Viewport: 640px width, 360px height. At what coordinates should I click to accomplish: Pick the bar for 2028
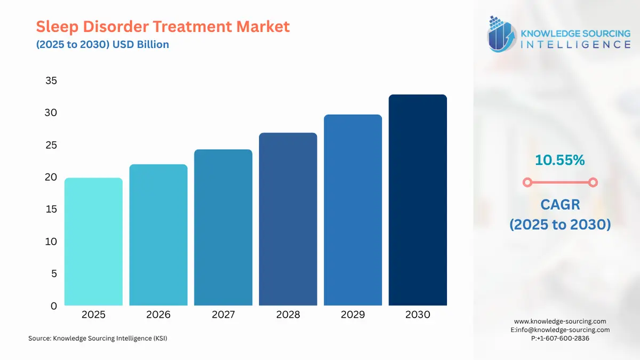click(x=288, y=219)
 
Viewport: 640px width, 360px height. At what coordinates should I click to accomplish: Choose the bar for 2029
click(x=353, y=210)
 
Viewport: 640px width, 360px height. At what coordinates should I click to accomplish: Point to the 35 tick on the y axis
click(x=51, y=81)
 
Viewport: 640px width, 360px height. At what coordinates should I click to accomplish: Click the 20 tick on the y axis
click(x=51, y=177)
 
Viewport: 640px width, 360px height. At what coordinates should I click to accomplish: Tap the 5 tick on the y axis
click(x=53, y=274)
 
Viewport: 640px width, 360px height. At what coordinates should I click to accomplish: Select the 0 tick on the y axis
click(x=53, y=306)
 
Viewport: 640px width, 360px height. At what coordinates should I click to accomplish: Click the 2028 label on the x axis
click(x=288, y=315)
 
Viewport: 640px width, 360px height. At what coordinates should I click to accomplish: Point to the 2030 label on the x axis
click(x=418, y=315)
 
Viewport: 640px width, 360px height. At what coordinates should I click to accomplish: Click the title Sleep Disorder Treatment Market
click(x=163, y=26)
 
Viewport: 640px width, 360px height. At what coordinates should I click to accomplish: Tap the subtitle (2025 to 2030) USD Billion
click(x=102, y=45)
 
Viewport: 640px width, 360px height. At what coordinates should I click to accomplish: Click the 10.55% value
click(x=559, y=159)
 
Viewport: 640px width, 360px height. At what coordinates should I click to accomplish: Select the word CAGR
click(x=559, y=204)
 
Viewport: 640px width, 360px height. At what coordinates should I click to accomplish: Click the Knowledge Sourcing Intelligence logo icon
click(x=502, y=34)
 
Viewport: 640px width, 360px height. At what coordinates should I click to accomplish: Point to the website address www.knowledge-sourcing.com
click(x=560, y=321)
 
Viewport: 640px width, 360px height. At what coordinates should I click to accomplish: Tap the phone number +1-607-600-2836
click(x=563, y=338)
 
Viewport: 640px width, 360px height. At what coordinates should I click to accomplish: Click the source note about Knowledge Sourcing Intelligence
click(x=98, y=338)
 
